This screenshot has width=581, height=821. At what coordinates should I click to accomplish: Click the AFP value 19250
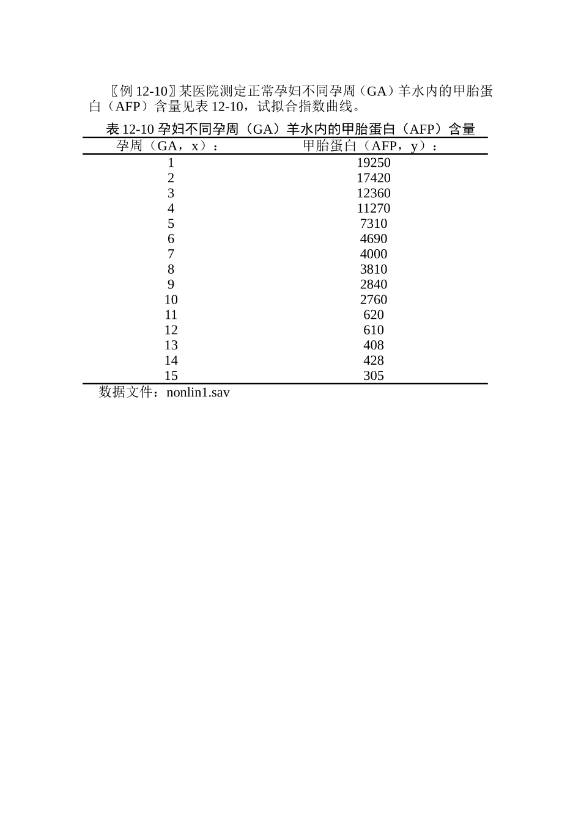(373, 162)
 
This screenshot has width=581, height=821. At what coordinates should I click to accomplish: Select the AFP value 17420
(373, 178)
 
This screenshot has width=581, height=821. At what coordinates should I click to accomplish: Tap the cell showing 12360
(373, 193)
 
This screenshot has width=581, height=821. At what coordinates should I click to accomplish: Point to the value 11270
(373, 208)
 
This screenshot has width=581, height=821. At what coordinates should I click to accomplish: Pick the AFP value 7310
(373, 224)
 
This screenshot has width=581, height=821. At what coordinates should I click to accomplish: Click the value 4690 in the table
(373, 239)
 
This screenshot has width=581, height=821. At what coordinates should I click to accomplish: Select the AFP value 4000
(373, 254)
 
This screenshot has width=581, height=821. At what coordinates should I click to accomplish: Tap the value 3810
(373, 269)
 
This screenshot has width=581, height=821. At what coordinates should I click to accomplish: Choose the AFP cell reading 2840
(373, 284)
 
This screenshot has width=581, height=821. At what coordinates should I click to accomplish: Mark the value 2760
(373, 299)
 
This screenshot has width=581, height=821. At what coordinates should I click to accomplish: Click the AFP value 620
(373, 315)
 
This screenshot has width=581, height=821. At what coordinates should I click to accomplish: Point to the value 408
(373, 345)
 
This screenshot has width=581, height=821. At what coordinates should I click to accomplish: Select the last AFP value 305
(373, 376)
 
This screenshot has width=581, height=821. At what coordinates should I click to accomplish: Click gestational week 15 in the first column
(171, 376)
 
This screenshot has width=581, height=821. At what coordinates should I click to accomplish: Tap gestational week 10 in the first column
(171, 299)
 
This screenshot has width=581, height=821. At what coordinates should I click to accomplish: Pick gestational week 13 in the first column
(171, 345)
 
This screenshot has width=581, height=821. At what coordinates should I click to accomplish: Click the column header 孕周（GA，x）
(168, 146)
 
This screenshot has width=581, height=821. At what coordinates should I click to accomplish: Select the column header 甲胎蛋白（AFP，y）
(371, 146)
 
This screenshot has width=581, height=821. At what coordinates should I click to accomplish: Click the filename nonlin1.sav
(198, 392)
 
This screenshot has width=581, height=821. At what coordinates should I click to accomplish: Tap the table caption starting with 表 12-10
(290, 129)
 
